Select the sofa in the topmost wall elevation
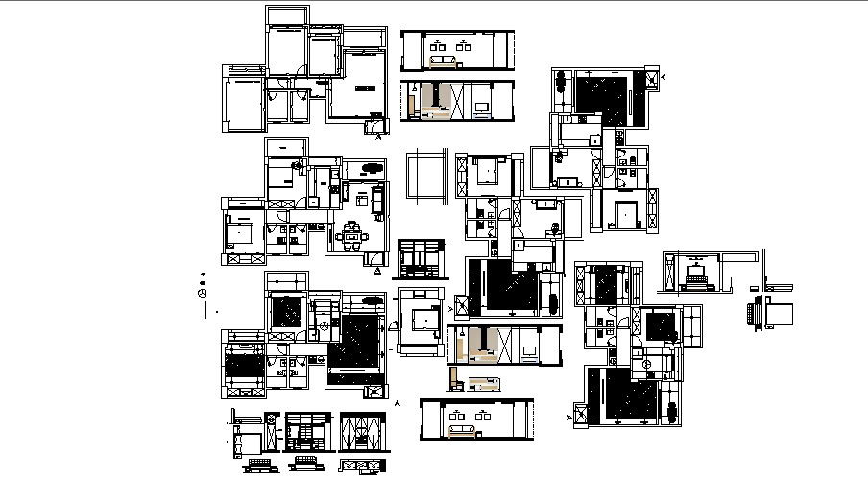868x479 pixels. [444, 62]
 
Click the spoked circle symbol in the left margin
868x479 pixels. [203, 293]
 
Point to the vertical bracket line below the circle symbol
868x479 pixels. [206, 310]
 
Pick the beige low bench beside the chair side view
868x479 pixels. [485, 386]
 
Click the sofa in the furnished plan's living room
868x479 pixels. [377, 201]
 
